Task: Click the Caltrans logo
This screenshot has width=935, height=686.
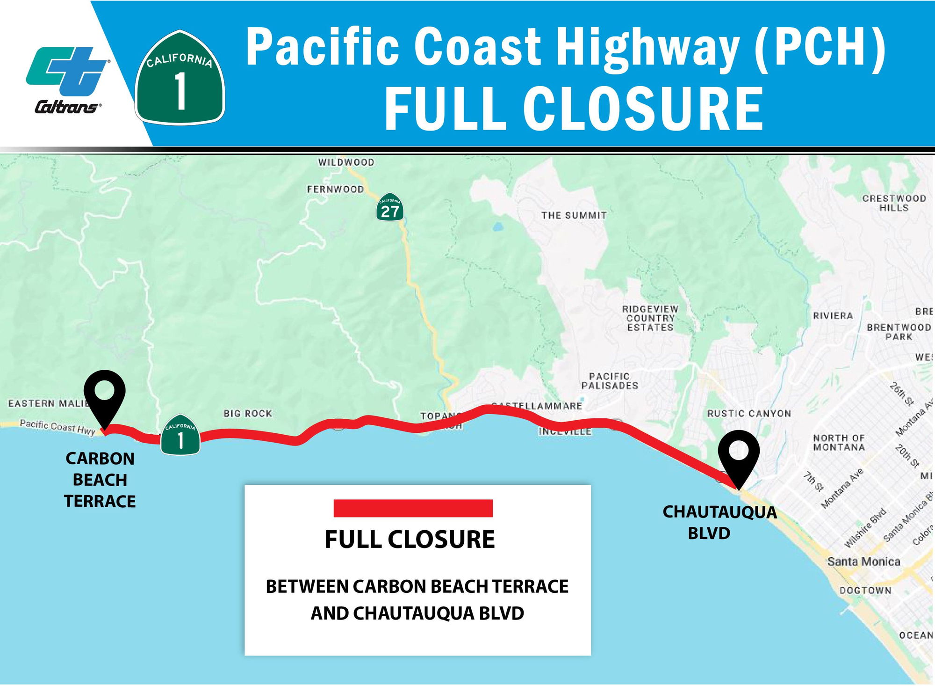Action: tap(66, 80)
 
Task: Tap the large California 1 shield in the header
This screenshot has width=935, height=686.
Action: tap(180, 78)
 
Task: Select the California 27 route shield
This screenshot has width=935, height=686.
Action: tap(389, 207)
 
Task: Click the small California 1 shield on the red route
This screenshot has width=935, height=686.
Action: tap(180, 435)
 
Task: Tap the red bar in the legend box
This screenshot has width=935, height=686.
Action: tap(413, 508)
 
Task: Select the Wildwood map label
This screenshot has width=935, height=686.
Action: tap(346, 162)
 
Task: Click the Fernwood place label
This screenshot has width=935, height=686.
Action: tap(335, 189)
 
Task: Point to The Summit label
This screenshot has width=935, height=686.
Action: tap(574, 215)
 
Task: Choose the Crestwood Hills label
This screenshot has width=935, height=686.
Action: tap(894, 203)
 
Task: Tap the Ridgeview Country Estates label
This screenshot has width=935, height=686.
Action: tap(650, 318)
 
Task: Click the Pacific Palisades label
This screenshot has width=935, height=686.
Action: tap(610, 381)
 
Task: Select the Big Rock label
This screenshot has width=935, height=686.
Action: tap(248, 414)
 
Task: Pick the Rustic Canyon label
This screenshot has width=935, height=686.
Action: tap(749, 414)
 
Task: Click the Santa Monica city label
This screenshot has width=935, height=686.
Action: tap(863, 561)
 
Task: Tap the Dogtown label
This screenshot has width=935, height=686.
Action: tap(865, 591)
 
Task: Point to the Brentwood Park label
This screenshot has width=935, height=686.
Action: tap(899, 332)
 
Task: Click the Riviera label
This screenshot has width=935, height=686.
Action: tap(833, 316)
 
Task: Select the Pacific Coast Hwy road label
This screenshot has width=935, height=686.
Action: tap(57, 427)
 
